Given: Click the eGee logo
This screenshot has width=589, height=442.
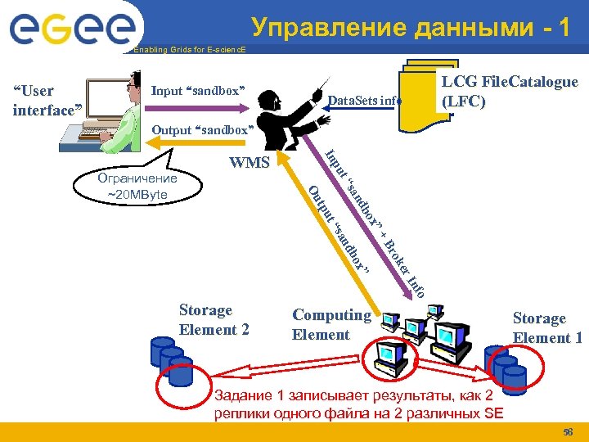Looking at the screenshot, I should [x=71, y=29].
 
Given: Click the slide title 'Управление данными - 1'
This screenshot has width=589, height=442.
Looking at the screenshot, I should [x=411, y=28].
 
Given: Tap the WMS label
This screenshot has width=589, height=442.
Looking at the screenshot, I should [x=250, y=162].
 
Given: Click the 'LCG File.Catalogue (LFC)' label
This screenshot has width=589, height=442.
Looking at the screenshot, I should [x=510, y=91].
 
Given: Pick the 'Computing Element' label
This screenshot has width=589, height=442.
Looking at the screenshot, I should [x=331, y=324].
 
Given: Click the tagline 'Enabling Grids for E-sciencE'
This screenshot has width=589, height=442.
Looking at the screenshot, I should [x=189, y=50].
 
